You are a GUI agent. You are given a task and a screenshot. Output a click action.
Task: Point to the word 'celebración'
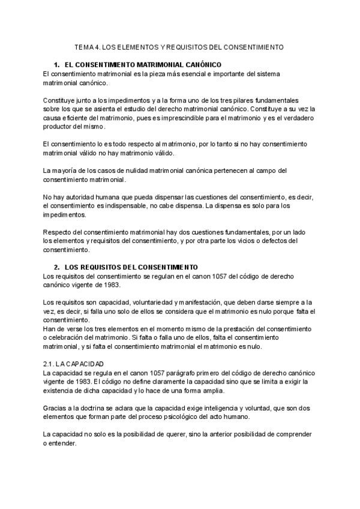[72, 338]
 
